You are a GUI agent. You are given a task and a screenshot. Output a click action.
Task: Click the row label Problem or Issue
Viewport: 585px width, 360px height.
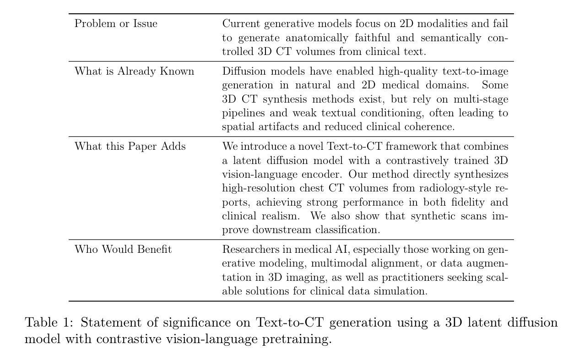pyautogui.click(x=116, y=24)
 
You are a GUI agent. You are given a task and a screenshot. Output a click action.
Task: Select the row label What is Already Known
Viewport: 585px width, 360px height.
pyautogui.click(x=134, y=71)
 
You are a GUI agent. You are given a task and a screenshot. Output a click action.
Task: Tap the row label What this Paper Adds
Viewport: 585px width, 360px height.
pyautogui.click(x=130, y=147)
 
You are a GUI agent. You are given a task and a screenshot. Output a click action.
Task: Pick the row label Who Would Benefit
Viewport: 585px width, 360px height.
pyautogui.click(x=123, y=250)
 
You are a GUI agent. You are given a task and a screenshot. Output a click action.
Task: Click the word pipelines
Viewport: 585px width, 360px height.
pyautogui.click(x=242, y=113)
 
